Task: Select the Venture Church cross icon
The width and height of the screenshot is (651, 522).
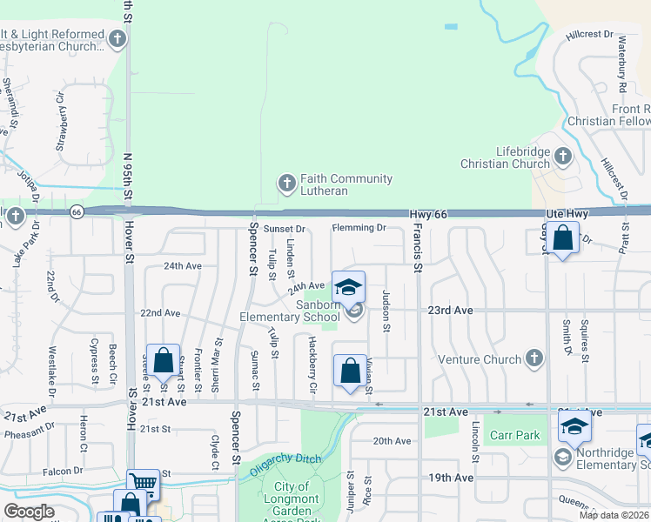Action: click(x=534, y=358)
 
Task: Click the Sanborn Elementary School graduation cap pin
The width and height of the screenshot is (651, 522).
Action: click(x=348, y=287)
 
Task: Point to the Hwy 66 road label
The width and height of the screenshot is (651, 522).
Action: click(x=428, y=214)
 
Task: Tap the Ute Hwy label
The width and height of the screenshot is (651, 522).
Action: click(x=567, y=214)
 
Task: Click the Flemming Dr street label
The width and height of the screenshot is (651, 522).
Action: click(x=359, y=228)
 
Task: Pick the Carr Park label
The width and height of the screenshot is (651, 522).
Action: click(x=513, y=435)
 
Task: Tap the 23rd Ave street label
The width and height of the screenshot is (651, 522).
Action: click(x=450, y=310)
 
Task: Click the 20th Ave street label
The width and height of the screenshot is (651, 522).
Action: click(x=391, y=441)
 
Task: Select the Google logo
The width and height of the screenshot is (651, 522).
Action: click(x=29, y=512)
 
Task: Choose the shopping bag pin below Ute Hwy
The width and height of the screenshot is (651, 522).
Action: click(x=563, y=238)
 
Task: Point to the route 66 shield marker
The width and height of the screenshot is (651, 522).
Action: click(x=77, y=212)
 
